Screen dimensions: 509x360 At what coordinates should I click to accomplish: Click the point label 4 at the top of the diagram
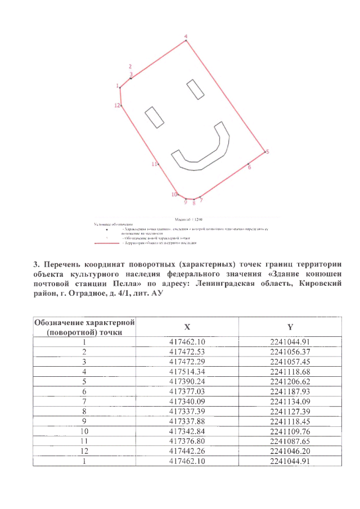[x=186, y=36]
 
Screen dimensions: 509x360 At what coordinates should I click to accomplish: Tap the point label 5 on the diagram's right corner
[x=267, y=151]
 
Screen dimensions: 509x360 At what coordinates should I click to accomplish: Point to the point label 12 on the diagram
[x=117, y=105]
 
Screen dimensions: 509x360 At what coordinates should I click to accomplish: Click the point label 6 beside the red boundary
[x=249, y=168]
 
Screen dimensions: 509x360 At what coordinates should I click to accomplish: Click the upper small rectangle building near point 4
[x=195, y=89]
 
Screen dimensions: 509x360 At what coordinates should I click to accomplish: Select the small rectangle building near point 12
[x=154, y=117]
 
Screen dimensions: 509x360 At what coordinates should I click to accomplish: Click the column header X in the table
[x=187, y=327]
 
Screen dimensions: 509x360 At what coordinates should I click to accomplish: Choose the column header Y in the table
[x=289, y=327]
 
